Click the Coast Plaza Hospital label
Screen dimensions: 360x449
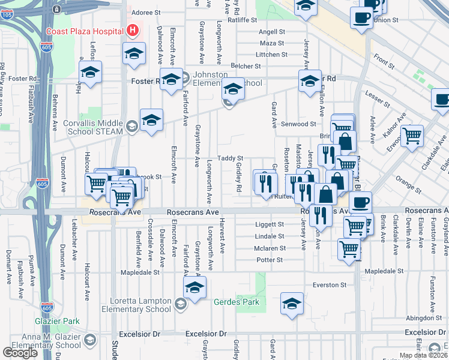coord(83,31)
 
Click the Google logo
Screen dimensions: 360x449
coord(20,353)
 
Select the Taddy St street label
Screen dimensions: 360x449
coord(230,158)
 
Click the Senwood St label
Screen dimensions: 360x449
coord(303,124)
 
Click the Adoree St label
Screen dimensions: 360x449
coord(146,12)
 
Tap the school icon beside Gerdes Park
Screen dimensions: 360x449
coord(292,304)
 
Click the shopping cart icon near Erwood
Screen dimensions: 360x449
coord(412,136)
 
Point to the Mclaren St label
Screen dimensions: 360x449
coord(269,248)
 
